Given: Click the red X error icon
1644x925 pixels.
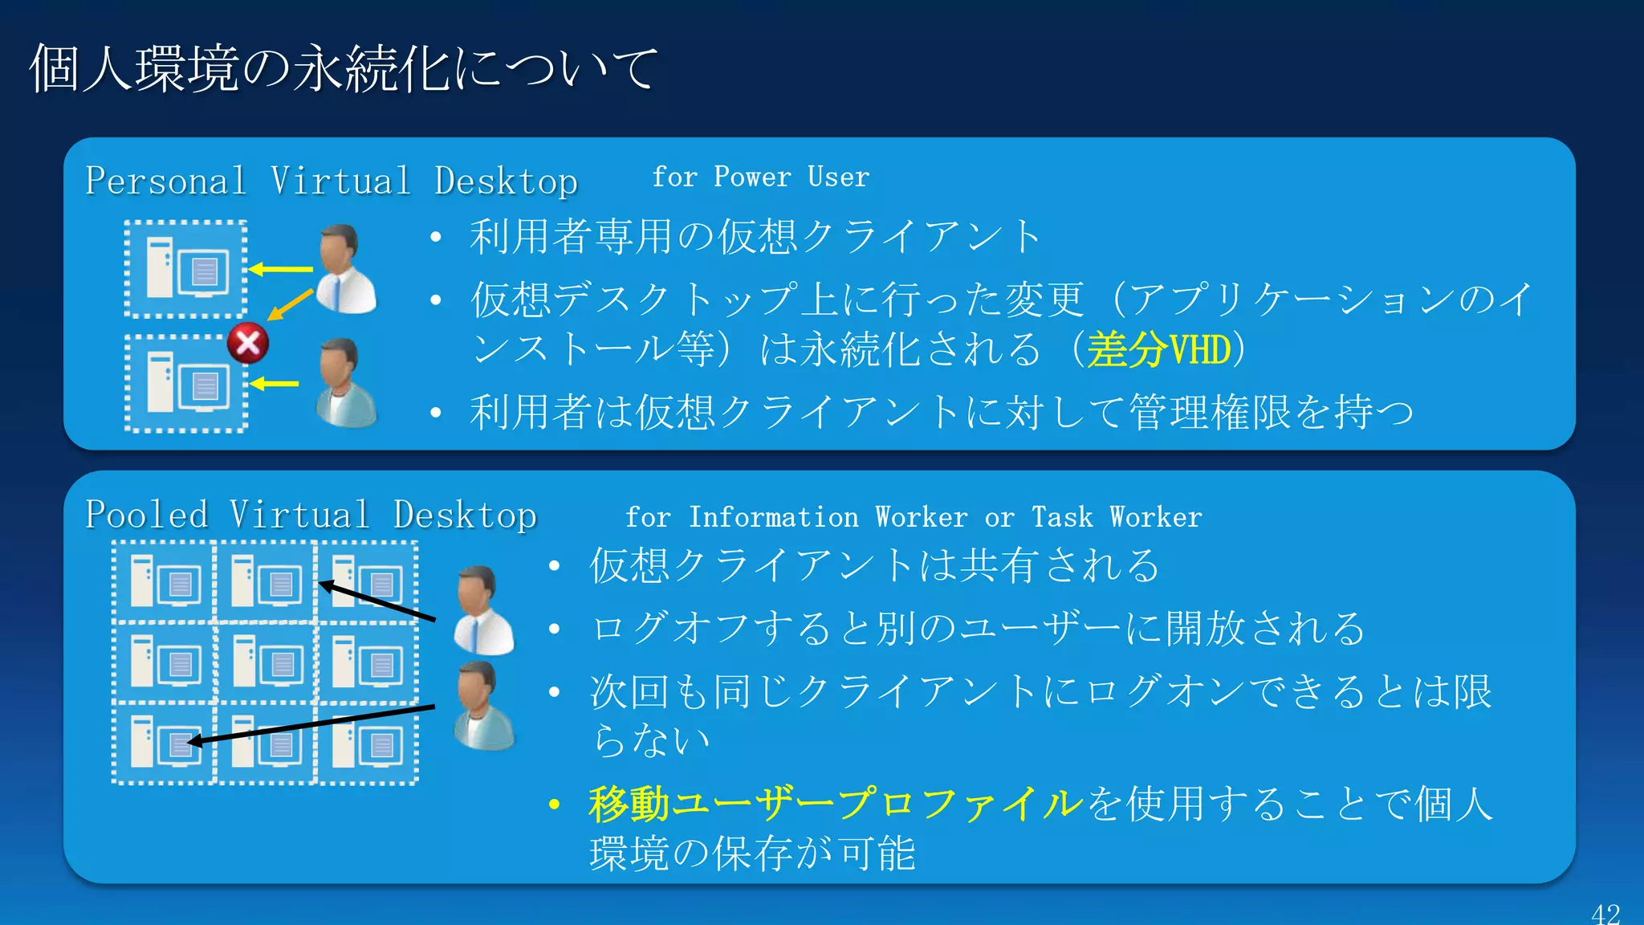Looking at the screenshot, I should tap(248, 343).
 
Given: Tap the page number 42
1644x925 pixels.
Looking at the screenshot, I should tap(1605, 914).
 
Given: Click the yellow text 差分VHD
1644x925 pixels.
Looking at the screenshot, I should tap(1158, 350).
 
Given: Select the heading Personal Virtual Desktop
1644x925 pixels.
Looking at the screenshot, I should tap(331, 181).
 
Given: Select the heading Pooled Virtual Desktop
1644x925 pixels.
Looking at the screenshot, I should tap(311, 515).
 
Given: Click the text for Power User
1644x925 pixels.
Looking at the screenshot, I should tap(760, 177).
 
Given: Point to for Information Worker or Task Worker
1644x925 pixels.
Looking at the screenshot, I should tap(914, 517).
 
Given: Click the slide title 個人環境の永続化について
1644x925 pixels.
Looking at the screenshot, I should tap(344, 68).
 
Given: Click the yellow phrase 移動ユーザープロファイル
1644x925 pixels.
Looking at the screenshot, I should tap(835, 803).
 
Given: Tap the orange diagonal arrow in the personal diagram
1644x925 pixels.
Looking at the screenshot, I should tap(289, 304).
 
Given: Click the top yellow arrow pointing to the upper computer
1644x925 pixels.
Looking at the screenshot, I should tap(280, 269).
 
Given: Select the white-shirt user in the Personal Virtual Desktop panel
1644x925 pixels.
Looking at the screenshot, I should tap(346, 270).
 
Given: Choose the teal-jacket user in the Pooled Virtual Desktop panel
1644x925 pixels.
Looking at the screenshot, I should tap(482, 707).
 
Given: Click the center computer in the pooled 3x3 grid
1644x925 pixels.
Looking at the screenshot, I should tap(266, 662).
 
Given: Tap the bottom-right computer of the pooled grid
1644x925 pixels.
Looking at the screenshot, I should tap(367, 743).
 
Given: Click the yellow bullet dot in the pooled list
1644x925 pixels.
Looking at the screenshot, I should tap(553, 804).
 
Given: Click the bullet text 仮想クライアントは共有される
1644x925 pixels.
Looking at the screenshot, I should tap(874, 565).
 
